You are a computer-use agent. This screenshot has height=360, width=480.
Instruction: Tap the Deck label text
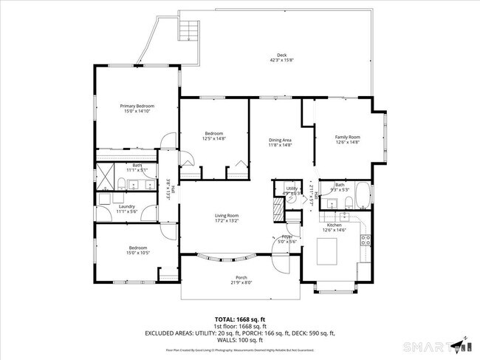(281, 55)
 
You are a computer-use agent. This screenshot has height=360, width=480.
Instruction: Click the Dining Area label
(279, 140)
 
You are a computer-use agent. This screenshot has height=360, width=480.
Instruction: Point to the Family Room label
(347, 137)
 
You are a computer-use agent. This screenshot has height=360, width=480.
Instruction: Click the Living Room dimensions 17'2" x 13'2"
(226, 220)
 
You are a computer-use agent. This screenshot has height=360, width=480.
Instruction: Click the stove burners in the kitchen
(365, 238)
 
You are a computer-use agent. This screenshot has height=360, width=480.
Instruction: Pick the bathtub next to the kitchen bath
(363, 197)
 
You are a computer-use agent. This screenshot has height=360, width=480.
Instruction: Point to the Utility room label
(292, 189)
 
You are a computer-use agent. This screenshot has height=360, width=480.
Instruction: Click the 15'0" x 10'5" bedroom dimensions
(137, 253)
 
